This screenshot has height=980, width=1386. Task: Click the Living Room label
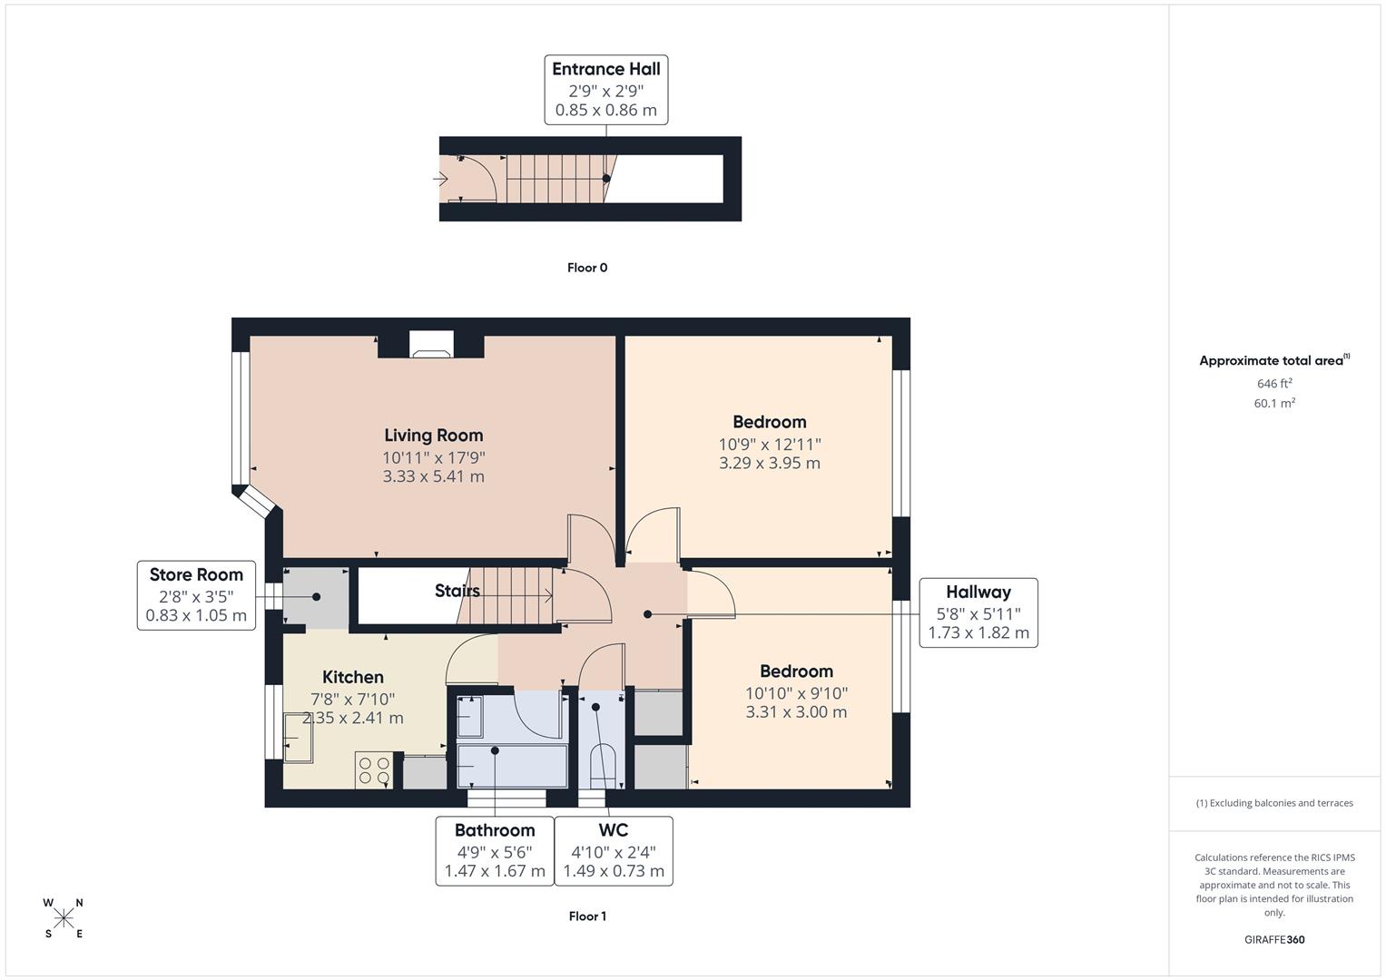click(x=433, y=436)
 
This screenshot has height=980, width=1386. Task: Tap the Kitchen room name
click(x=353, y=677)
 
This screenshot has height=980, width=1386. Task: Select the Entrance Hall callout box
click(x=606, y=90)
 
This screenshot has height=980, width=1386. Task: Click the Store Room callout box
click(x=196, y=594)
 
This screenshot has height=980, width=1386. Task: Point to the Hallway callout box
click(x=978, y=612)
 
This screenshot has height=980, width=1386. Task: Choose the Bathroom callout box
click(x=495, y=850)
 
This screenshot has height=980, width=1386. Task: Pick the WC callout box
click(x=614, y=850)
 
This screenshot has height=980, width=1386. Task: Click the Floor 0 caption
click(x=587, y=268)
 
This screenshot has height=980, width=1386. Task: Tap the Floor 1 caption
click(x=587, y=916)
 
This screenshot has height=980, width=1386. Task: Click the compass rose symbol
click(x=64, y=918)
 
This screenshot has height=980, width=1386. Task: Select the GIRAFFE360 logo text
click(x=1274, y=940)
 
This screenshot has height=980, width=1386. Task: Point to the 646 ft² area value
click(x=1274, y=384)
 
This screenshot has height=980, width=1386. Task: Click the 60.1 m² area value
click(x=1274, y=404)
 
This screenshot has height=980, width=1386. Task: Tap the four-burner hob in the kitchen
click(x=374, y=770)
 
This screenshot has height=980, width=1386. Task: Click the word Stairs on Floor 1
click(x=457, y=592)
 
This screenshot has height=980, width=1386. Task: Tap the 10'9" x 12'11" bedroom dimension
click(x=770, y=445)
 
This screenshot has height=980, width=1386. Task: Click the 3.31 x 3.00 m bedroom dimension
click(x=796, y=712)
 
